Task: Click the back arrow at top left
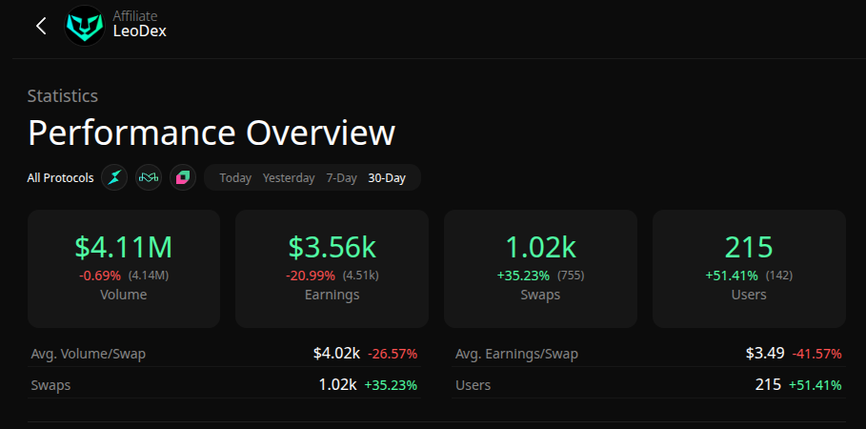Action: click(x=41, y=26)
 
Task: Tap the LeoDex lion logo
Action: click(x=85, y=26)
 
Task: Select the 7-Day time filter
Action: click(x=341, y=178)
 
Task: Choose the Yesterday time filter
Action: click(x=289, y=178)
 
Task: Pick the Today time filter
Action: click(x=235, y=178)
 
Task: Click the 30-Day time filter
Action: click(x=387, y=178)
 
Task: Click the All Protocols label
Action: click(x=61, y=178)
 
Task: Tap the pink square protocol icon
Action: click(x=183, y=177)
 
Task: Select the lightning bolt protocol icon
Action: click(x=114, y=177)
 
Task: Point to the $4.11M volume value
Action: click(x=124, y=247)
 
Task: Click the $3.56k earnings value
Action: click(x=332, y=247)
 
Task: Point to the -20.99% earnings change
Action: click(x=312, y=276)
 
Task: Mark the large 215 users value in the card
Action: click(x=749, y=247)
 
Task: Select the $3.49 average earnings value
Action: click(x=765, y=354)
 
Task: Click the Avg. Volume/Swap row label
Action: click(x=89, y=354)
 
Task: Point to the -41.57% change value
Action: click(x=816, y=354)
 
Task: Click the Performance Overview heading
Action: click(x=211, y=133)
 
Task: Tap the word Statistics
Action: click(x=63, y=95)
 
